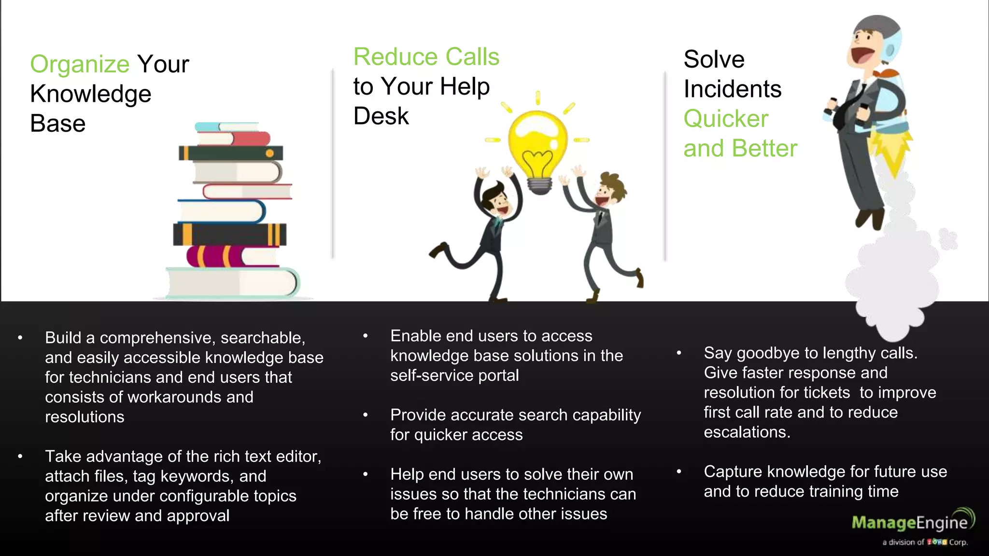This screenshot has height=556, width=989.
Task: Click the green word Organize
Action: (80, 64)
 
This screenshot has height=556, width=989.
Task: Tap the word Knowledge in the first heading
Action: (91, 94)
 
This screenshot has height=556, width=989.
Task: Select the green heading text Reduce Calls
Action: (426, 57)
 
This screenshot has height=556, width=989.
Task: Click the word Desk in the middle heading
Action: (381, 116)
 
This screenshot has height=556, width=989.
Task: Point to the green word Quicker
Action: (725, 119)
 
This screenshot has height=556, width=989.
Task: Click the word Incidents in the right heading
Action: (732, 89)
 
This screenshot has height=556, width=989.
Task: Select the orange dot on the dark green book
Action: (270, 153)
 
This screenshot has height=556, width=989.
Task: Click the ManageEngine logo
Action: (911, 522)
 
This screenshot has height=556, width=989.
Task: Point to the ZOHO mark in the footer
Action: (936, 542)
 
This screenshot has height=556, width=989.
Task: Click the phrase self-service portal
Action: (454, 375)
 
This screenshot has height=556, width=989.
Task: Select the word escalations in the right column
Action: (746, 432)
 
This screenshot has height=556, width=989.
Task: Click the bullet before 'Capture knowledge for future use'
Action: (679, 472)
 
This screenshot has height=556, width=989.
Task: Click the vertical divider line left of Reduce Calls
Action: (333, 164)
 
